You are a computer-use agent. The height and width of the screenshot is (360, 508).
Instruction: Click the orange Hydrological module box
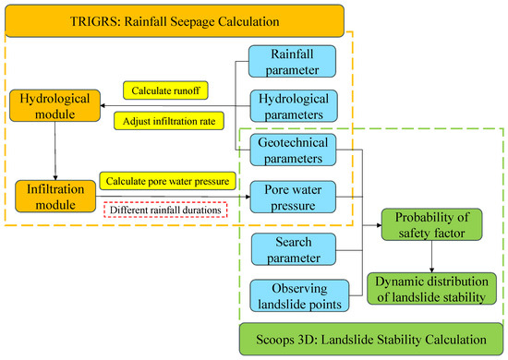pyautogui.click(x=55, y=103)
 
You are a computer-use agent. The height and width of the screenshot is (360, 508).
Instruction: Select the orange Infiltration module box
pyautogui.click(x=55, y=196)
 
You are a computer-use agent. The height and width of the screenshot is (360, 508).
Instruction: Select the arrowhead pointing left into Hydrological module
pyautogui.click(x=105, y=103)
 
